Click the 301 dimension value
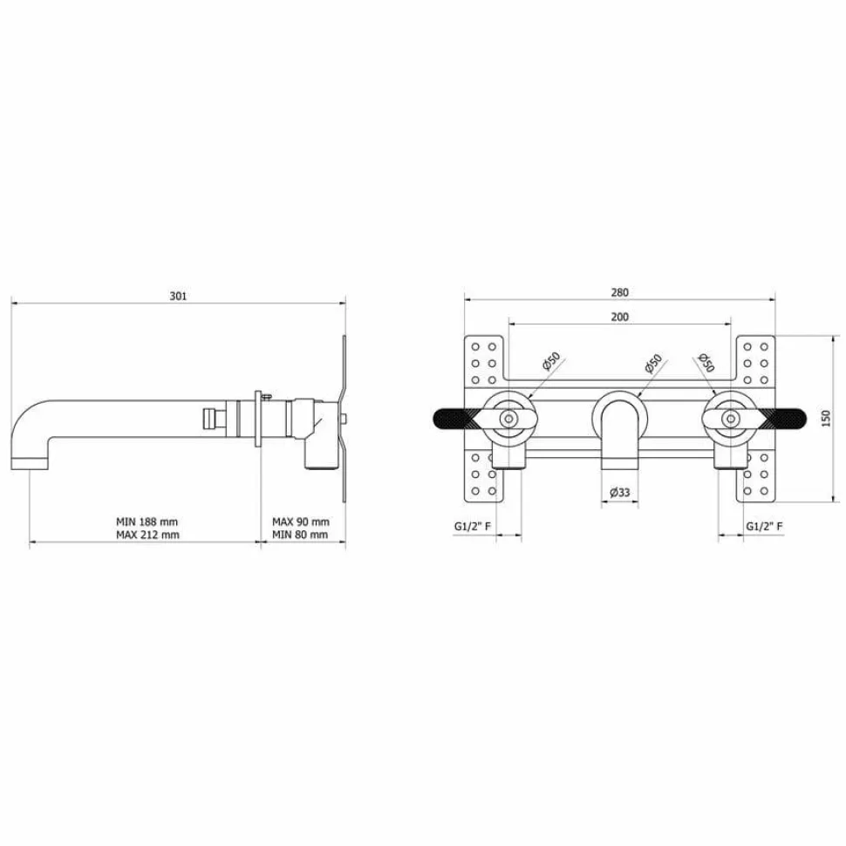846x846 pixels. point(178,296)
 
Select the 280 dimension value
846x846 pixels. point(619,292)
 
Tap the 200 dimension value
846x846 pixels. point(619,317)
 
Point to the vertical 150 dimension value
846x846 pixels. point(825,419)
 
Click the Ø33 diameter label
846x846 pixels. point(619,492)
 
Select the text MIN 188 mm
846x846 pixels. point(147,522)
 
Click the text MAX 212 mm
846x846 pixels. point(147,535)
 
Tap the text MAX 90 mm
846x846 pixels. point(301,522)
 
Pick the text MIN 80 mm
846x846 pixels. point(300,535)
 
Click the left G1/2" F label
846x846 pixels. point(473,526)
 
